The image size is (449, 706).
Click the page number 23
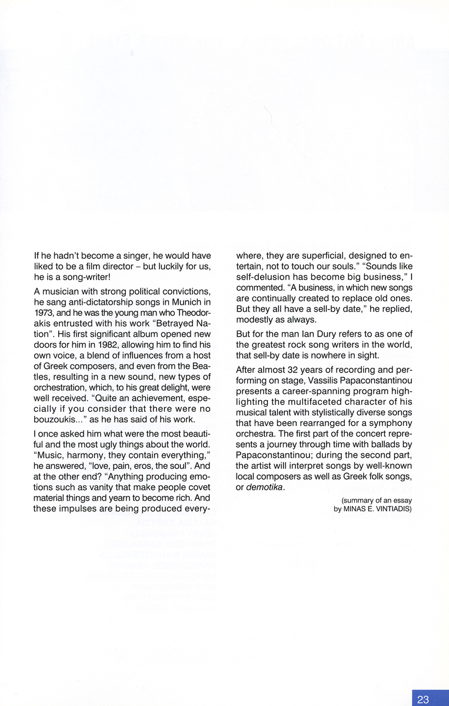423,700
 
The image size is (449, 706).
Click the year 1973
44,312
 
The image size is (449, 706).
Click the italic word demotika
265,487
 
